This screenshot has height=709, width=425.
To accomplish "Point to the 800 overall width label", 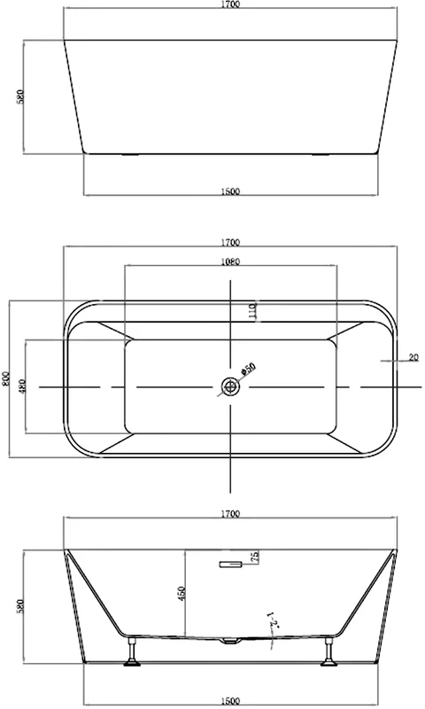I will click(7, 379).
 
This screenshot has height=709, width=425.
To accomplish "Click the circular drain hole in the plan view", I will click(230, 386).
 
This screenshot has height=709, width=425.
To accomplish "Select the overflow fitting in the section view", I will click(230, 562).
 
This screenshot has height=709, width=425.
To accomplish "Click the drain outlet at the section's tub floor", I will click(230, 640).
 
